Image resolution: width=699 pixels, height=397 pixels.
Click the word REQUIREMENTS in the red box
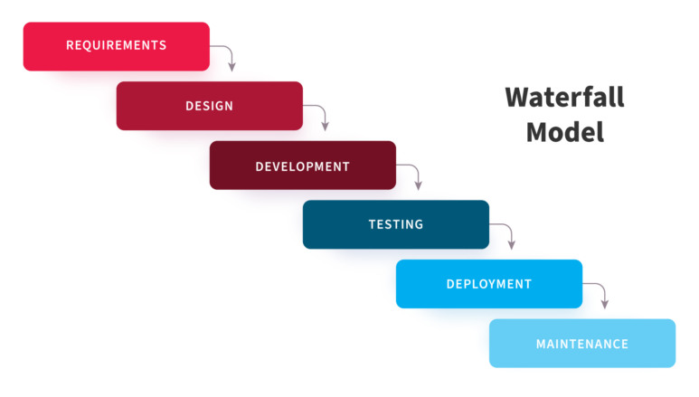(116, 45)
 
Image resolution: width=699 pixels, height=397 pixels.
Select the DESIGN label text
(209, 106)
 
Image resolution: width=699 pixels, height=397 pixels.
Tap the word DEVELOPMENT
(302, 166)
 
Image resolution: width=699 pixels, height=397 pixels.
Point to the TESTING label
(395, 224)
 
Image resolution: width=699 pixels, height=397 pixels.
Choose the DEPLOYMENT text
(488, 284)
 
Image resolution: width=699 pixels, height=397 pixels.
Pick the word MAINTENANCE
(581, 344)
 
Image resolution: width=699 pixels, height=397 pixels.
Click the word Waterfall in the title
(564, 97)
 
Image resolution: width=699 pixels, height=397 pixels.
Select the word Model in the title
(564, 132)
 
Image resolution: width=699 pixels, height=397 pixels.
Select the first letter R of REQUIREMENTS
(70, 45)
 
